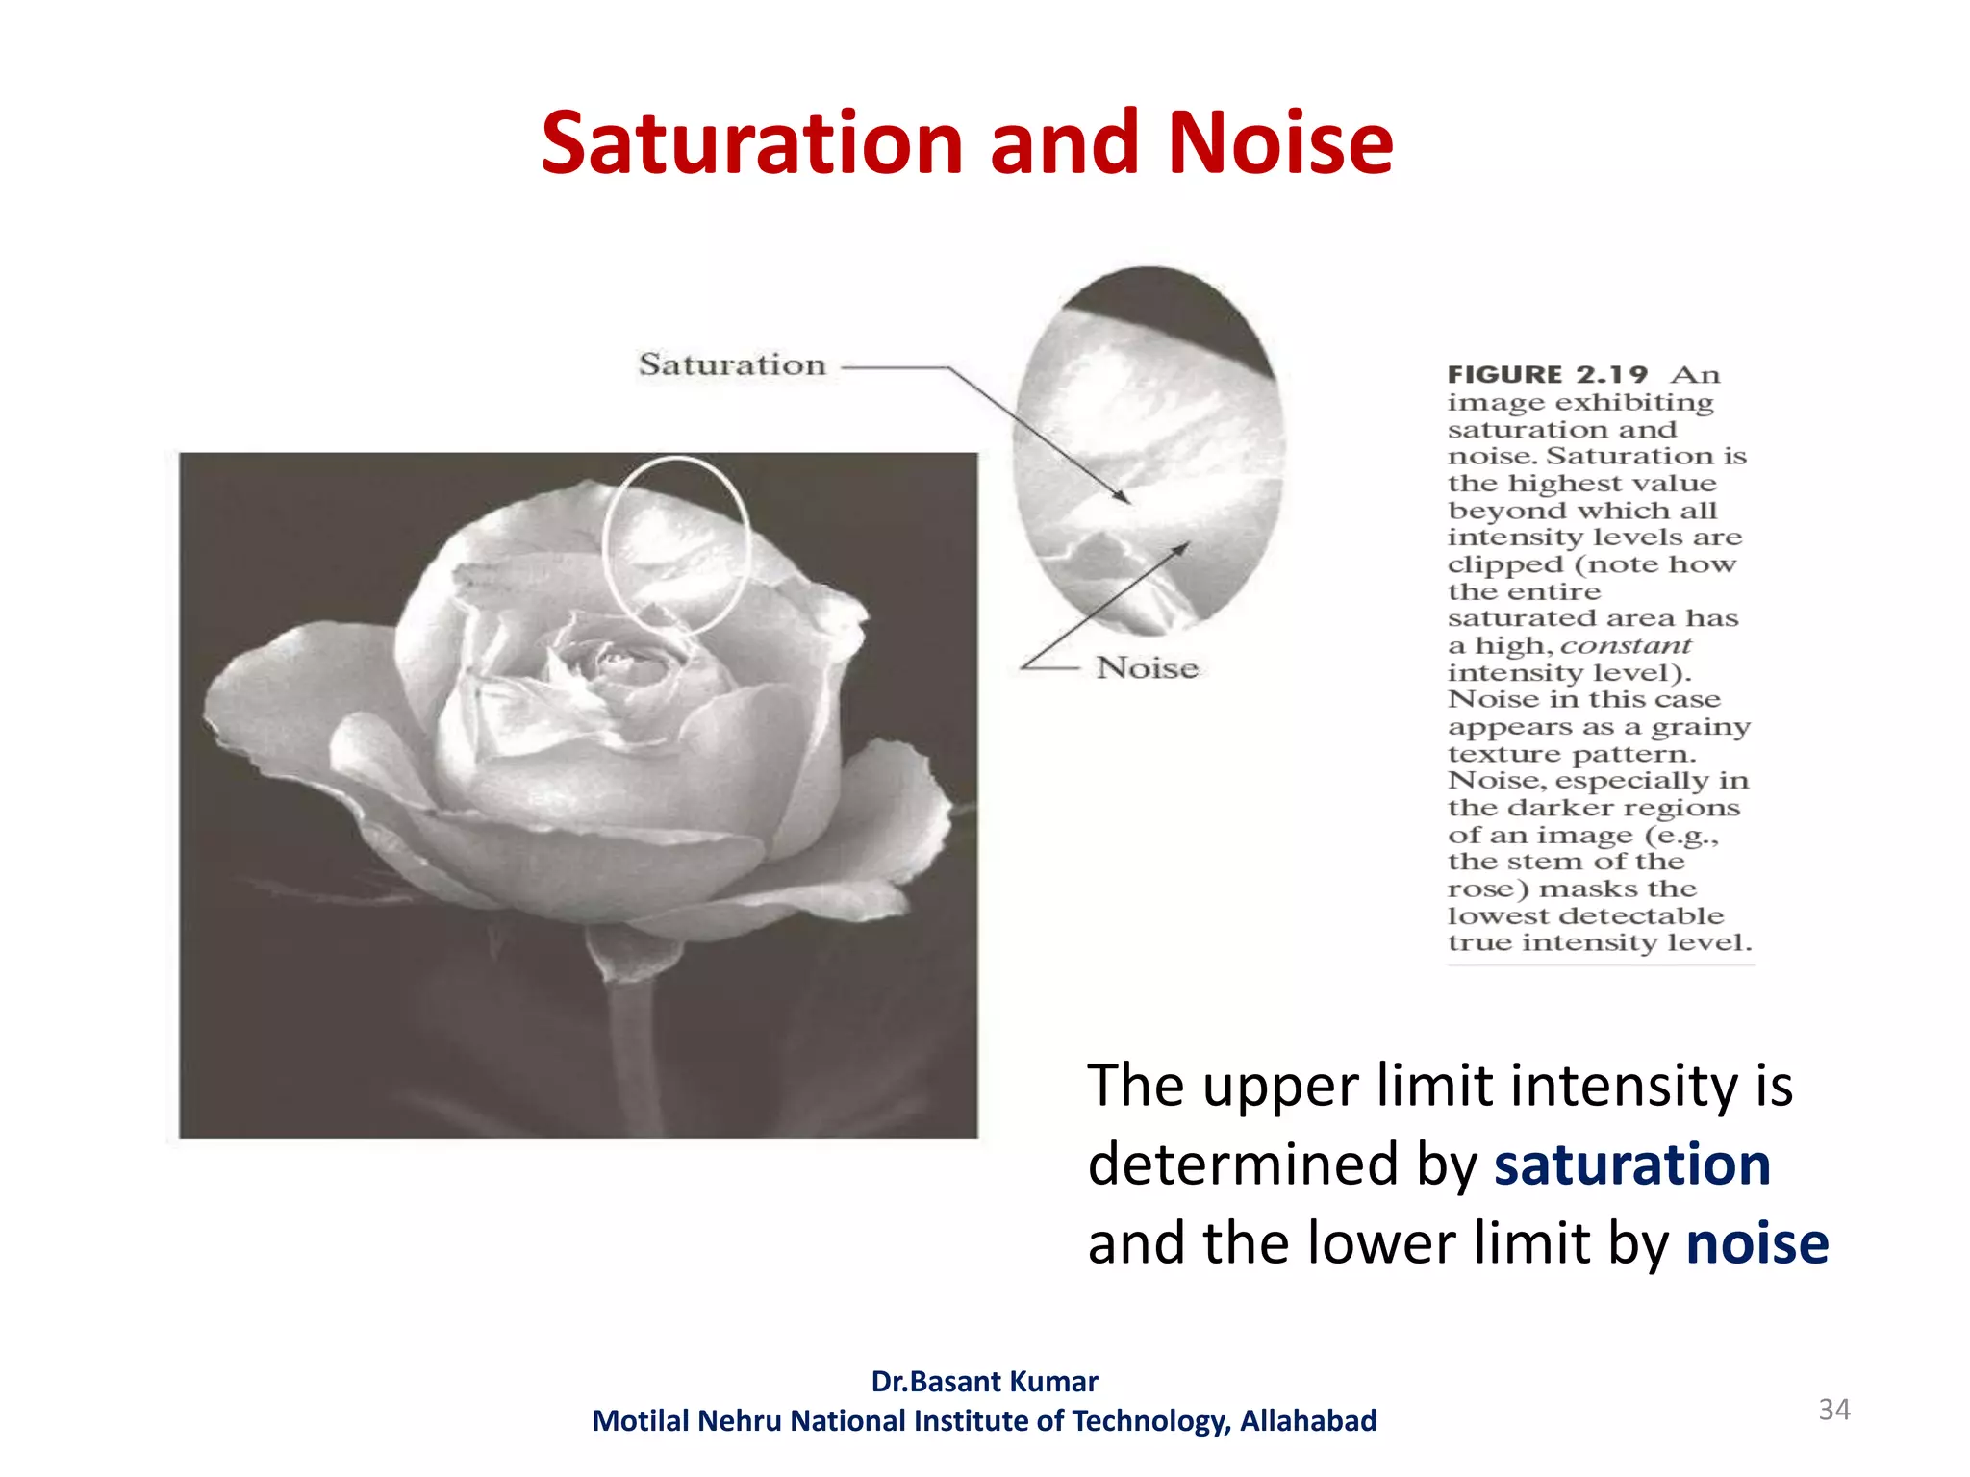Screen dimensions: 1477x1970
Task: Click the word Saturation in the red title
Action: pos(751,144)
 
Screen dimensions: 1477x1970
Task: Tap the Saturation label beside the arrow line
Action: pos(732,364)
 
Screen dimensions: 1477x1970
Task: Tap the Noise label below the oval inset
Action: pos(1147,667)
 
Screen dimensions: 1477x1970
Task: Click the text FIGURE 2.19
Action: pos(1547,374)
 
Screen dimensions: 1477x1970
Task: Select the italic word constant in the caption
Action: pos(1625,645)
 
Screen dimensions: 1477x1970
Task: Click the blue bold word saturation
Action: pos(1631,1164)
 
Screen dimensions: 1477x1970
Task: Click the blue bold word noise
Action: pos(1756,1243)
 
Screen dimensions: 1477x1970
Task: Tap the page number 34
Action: pos(1833,1410)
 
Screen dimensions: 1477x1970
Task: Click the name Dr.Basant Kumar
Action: pos(984,1382)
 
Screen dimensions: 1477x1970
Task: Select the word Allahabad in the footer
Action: pos(1307,1421)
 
